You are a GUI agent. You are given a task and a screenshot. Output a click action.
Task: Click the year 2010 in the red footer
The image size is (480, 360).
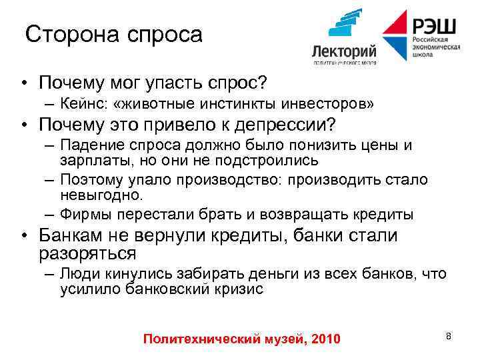[325, 339]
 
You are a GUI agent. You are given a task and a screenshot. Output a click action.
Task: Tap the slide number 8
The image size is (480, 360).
[449, 336]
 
